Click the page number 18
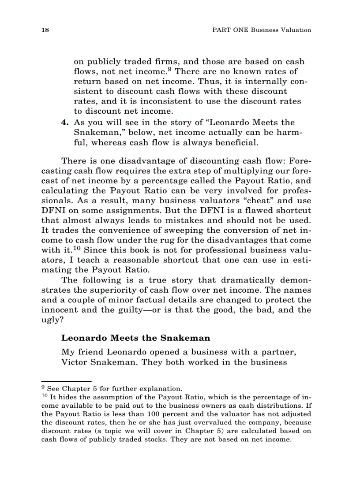pos(44,30)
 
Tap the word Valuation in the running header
pos(295,30)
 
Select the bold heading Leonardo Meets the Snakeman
pos(129,338)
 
